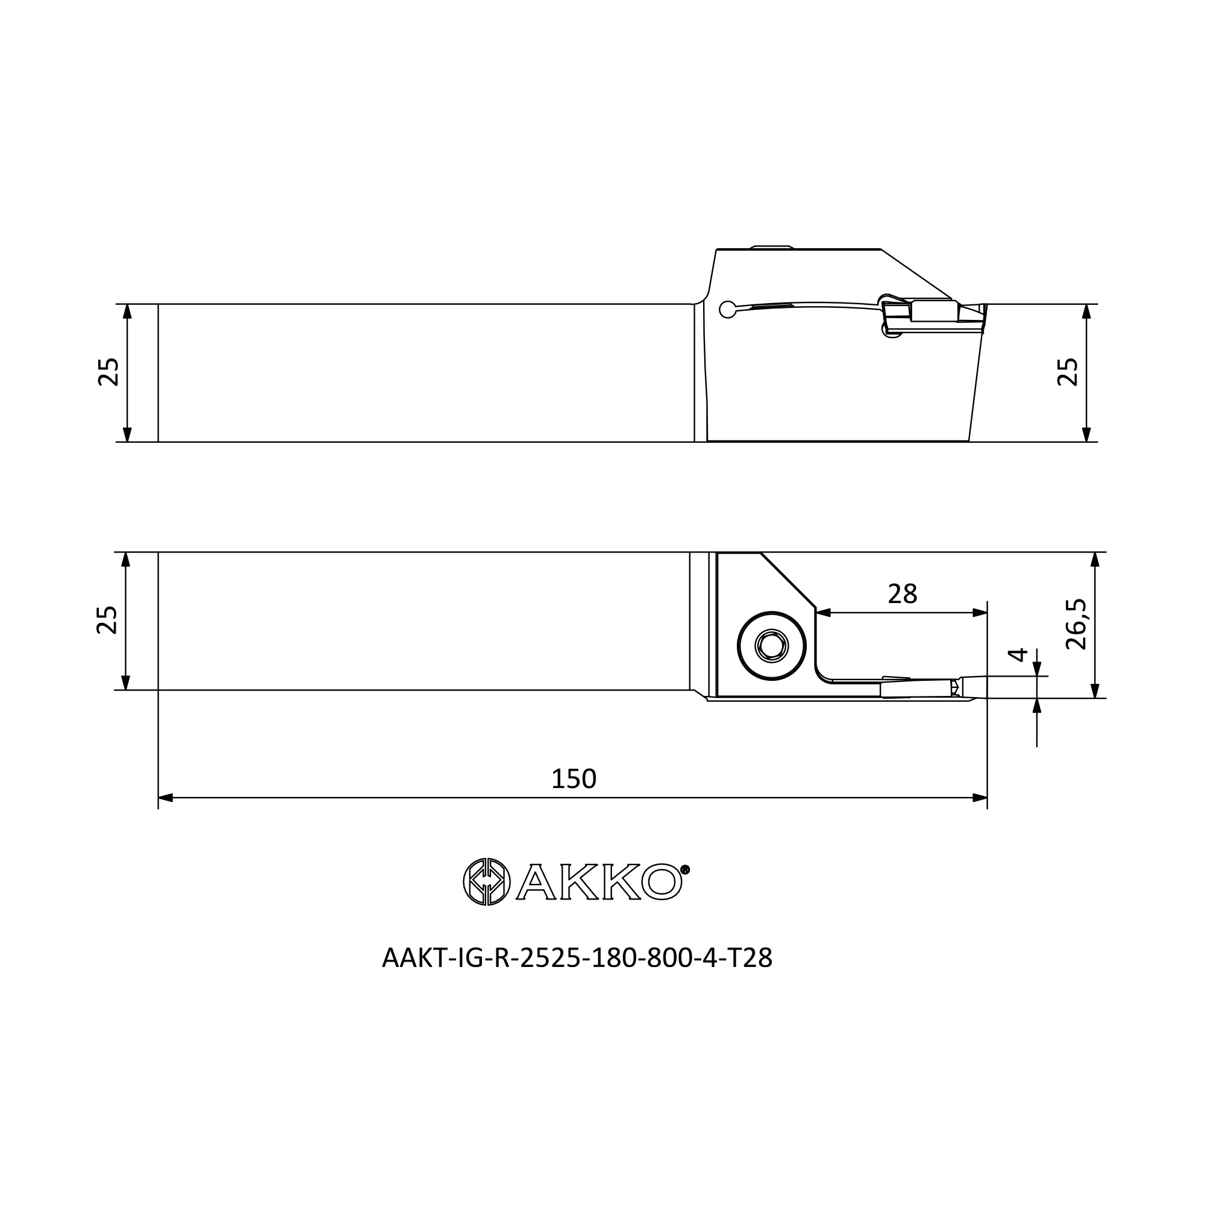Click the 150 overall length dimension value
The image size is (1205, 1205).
point(574,778)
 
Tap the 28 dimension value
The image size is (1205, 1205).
point(902,595)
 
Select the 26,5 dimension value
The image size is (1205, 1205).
point(1076,624)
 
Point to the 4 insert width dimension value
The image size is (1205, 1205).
point(1017,654)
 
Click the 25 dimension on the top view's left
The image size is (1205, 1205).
point(109,372)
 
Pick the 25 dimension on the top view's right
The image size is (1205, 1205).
point(1068,372)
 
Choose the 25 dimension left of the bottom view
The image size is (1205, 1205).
point(107,620)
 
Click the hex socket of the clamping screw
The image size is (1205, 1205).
point(772,645)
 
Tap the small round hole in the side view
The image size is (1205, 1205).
point(727,309)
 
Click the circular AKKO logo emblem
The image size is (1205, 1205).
point(486,882)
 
